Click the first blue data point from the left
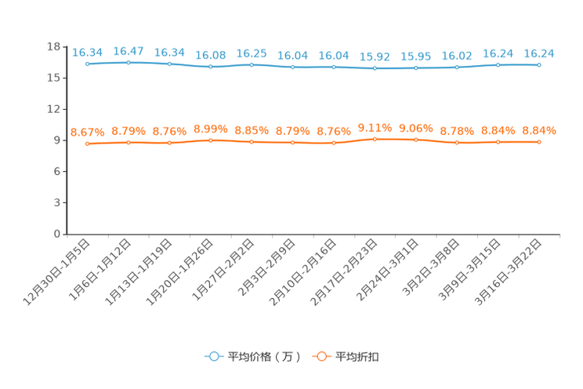coord(88,64)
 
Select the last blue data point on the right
coord(539,64)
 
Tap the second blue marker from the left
coord(129,62)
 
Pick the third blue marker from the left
coord(169,64)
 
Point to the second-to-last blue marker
coord(498,64)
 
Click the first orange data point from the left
coord(88,144)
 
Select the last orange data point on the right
coord(539,142)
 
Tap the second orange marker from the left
coord(129,142)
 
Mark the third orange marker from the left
coord(169,142)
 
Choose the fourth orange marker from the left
coord(211,140)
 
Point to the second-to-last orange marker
coord(498,142)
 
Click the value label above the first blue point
coord(88,53)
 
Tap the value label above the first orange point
coord(88,132)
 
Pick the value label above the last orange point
coord(539,130)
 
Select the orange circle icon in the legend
coord(320,357)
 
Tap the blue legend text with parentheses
coord(264,357)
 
